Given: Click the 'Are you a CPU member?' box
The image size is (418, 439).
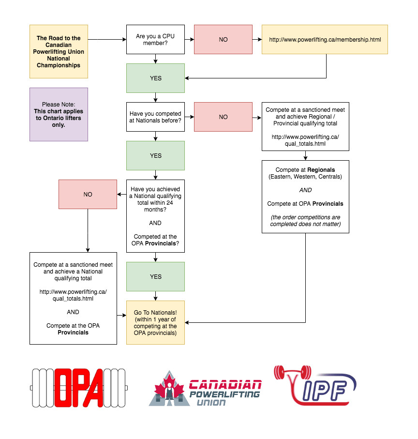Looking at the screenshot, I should coord(155,39).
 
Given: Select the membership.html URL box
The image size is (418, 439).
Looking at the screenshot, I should coord(325,39).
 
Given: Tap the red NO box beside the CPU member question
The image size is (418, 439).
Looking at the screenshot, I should coord(223,39).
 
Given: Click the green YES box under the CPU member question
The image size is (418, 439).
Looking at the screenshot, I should coord(155,78).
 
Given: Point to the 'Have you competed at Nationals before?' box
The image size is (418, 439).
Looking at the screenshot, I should coord(155,117).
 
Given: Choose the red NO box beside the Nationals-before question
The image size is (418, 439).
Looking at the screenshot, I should coord(223,117).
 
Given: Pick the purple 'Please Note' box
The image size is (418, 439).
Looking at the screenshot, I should coord(59,114).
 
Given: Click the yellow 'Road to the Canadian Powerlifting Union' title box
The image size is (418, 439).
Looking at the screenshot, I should coord(59,51).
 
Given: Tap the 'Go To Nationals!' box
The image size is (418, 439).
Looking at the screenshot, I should coord(155,322).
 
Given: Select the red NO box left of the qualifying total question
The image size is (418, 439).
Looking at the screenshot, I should coord(88,194).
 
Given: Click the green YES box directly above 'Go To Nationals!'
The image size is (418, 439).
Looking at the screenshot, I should coord(155,276).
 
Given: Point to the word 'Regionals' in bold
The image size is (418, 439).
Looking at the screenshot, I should coord(321,170).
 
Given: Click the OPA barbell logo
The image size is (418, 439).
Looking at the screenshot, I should coord(78,387).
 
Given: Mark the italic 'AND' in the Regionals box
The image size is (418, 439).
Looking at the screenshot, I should coord(305,190).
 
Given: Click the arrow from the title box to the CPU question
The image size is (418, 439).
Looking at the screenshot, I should coord(107,39).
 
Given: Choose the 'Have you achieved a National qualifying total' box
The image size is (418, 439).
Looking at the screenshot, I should coord(155,216).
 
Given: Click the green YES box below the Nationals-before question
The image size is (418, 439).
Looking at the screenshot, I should coord(155,155).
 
